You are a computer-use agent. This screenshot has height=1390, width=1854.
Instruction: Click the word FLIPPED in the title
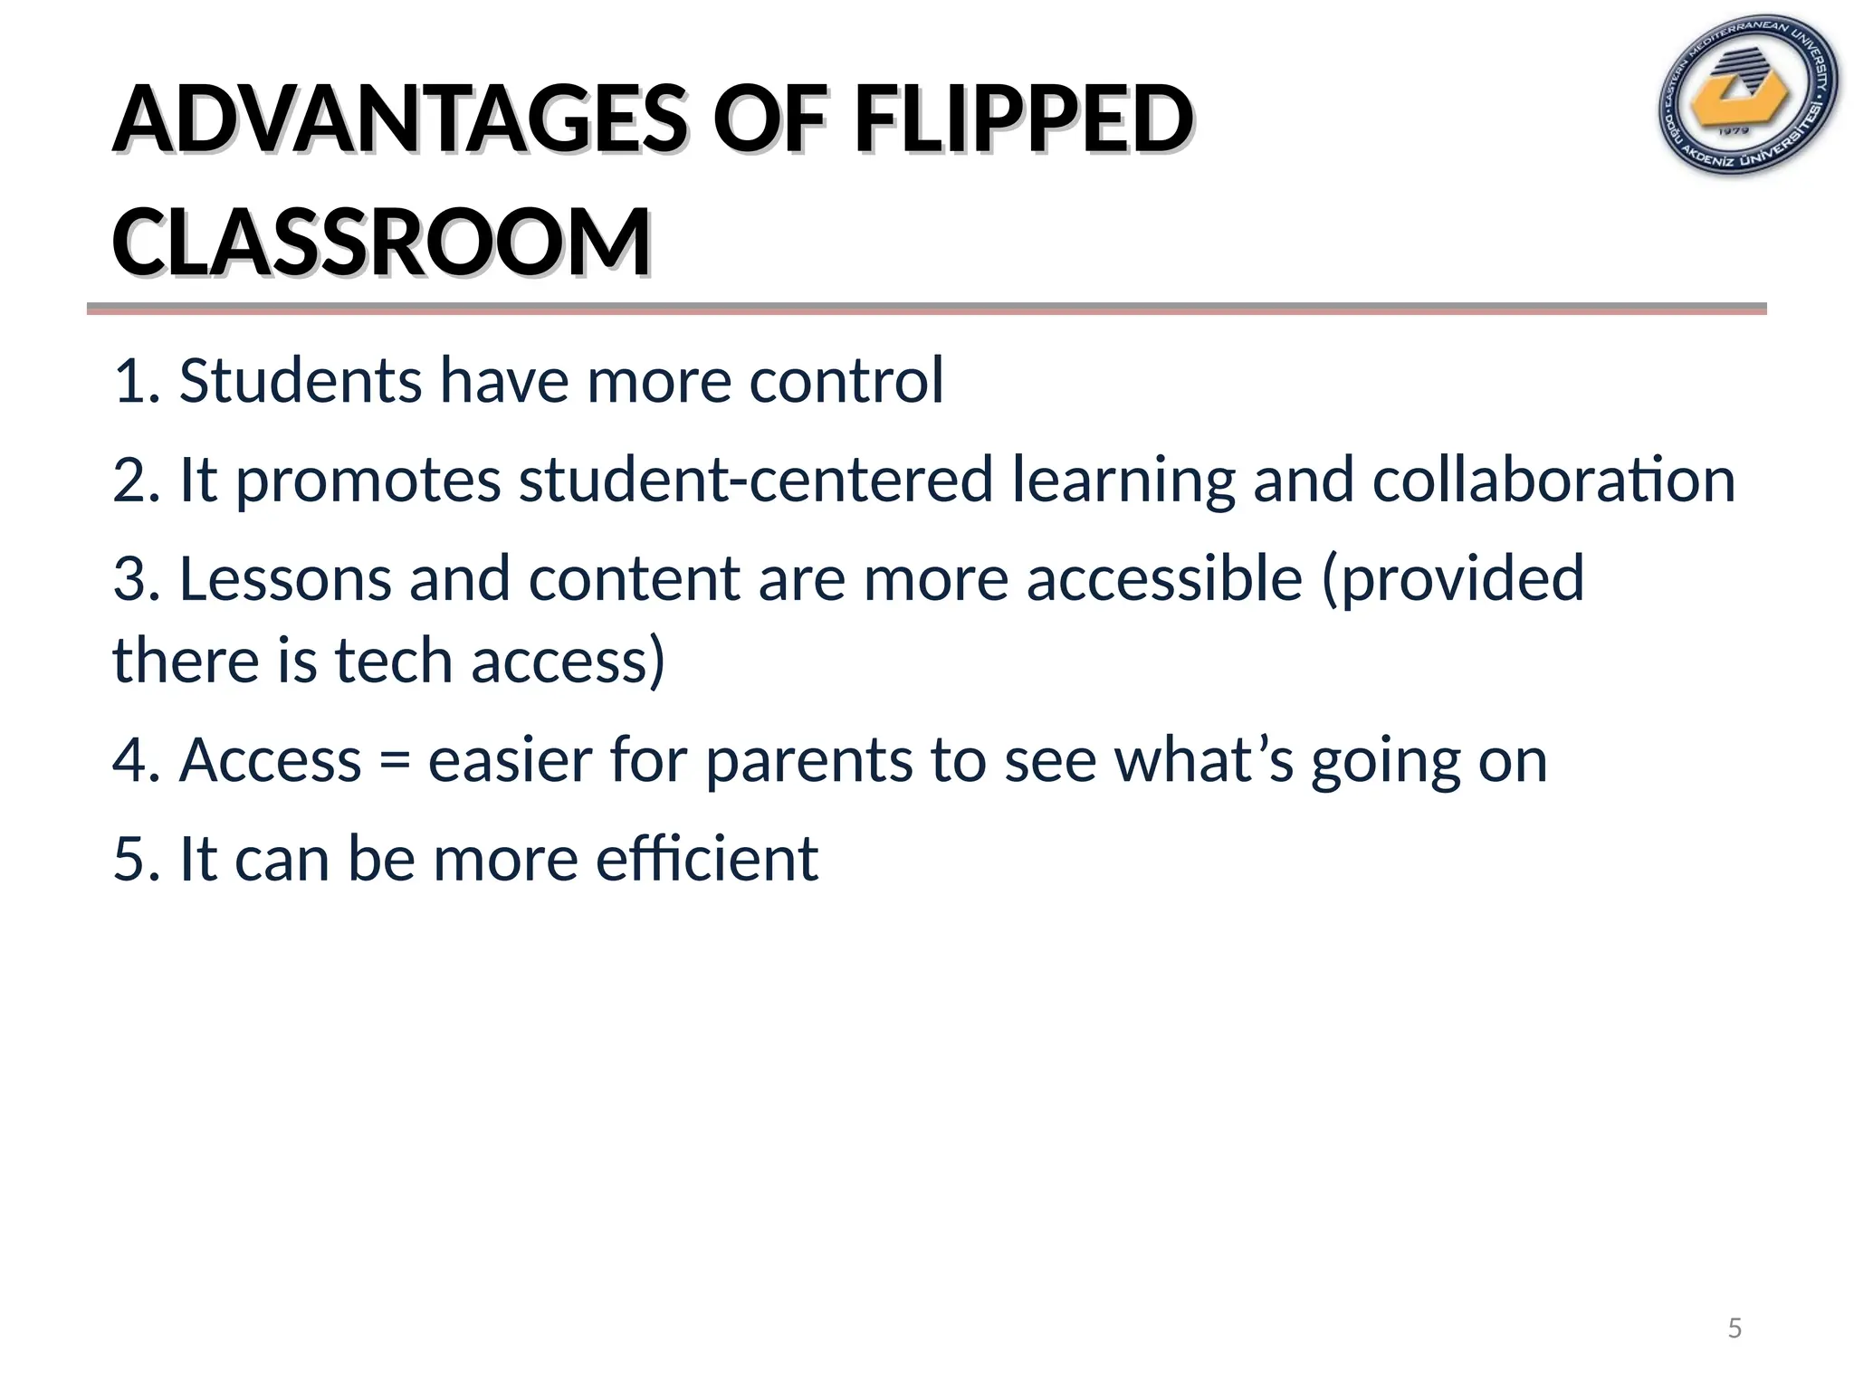click(x=1023, y=119)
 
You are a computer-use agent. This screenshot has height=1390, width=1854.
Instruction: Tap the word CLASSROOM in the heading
click(x=381, y=243)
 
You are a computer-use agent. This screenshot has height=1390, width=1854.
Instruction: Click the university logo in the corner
click(x=1747, y=97)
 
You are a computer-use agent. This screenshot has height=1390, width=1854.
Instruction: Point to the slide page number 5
click(x=1735, y=1328)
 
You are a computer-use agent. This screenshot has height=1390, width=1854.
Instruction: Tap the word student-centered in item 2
click(x=756, y=479)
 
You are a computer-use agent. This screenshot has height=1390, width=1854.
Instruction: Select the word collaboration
click(x=1553, y=479)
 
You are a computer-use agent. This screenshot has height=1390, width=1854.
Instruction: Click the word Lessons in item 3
click(x=285, y=578)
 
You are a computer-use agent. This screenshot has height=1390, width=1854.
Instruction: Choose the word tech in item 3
click(x=394, y=660)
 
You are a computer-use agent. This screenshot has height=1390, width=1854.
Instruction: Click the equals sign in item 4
click(x=395, y=761)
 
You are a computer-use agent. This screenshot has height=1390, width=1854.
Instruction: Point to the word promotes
click(x=368, y=481)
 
